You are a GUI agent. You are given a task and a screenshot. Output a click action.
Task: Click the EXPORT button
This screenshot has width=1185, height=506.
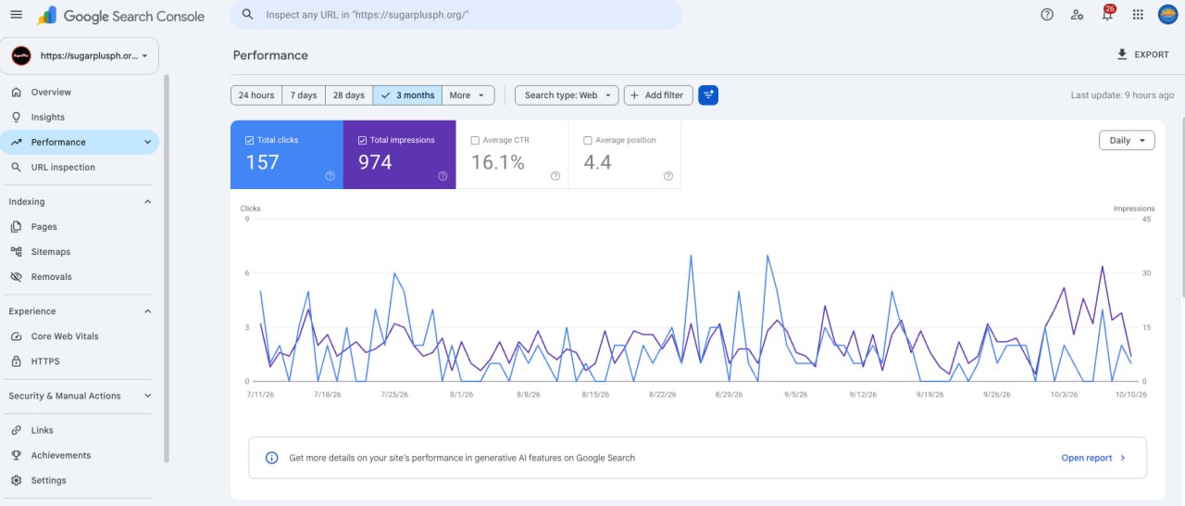coord(1142,55)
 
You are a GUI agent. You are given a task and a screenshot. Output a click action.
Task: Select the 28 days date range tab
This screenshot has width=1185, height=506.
coord(349,95)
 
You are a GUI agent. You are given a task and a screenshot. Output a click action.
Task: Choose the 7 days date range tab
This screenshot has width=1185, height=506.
coord(303,95)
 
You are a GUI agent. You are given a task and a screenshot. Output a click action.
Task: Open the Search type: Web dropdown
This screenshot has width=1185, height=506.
coord(567,95)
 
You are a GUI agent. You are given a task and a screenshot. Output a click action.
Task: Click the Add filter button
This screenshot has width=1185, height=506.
coord(658,95)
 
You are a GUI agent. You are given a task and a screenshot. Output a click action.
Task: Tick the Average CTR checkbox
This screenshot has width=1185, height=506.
coord(475,140)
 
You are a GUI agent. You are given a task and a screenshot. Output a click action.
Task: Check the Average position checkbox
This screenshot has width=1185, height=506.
coord(587,140)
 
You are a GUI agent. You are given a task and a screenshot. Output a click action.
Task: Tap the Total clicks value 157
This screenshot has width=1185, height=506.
coord(262,162)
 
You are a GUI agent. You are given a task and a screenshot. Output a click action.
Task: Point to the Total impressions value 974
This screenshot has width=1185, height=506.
coord(375,162)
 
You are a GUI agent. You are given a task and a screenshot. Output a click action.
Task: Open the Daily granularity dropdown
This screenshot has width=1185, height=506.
coord(1127,140)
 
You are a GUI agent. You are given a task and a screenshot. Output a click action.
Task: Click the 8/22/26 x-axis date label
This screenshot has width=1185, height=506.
coord(662,395)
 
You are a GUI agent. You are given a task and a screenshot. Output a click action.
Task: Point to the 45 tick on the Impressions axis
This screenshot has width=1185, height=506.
coord(1146,219)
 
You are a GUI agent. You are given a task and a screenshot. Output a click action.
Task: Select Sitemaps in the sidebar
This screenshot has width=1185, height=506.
coord(50,251)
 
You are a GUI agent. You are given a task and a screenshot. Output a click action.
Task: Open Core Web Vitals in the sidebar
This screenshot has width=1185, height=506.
coord(65,336)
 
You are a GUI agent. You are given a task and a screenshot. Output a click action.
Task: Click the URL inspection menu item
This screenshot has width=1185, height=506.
coord(63,167)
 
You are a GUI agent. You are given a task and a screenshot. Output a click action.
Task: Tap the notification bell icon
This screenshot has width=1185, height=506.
coord(1107,14)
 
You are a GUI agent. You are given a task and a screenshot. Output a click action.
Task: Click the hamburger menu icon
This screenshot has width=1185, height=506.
coord(17,14)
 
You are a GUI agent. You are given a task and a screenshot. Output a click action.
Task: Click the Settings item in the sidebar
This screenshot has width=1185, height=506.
coord(48,480)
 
